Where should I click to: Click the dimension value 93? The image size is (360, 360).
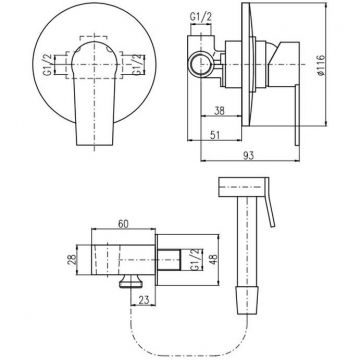pos(249,155)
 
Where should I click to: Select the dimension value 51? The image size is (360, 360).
pos(215,134)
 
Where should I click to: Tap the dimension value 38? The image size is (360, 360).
pos(219,110)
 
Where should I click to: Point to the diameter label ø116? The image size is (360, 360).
pos(320,65)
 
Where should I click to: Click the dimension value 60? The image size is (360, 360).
pos(123,223)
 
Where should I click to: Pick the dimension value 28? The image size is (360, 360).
pos(72,260)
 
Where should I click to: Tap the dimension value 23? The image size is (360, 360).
pos(143,300)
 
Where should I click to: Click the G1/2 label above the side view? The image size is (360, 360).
pos(201,17)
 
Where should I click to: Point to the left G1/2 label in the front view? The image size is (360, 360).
pos(48,65)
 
